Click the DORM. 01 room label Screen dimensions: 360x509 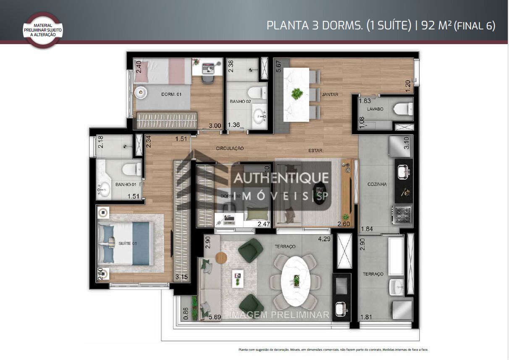click(x=171, y=95)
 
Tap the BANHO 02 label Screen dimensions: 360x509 click(x=240, y=102)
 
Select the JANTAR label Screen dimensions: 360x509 click(x=330, y=95)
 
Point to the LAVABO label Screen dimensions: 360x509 click(x=375, y=109)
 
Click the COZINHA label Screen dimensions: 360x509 click(x=377, y=184)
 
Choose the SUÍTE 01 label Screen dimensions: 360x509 click(x=128, y=244)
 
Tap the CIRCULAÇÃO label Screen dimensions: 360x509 click(x=230, y=148)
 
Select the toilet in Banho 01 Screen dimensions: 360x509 click(x=132, y=170)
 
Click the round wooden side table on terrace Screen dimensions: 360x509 click(x=221, y=258)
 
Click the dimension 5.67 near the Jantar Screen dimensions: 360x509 click(x=278, y=67)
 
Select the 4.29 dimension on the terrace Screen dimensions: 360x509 click(x=324, y=239)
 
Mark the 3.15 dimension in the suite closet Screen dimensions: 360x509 click(x=182, y=277)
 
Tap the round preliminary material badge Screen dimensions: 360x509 click(x=43, y=30)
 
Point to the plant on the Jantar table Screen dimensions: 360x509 click(x=297, y=93)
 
